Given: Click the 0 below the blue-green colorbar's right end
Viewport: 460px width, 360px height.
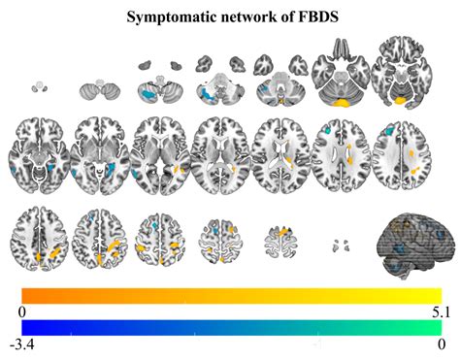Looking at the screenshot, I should [440, 344].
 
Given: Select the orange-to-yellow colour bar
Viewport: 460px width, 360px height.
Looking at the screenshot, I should [231, 294].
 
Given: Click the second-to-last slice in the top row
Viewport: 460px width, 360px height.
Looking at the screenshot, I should [340, 76].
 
